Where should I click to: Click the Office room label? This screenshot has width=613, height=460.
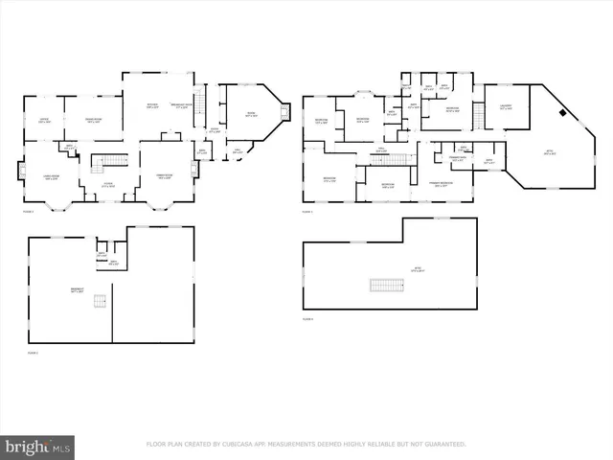pos(43,120)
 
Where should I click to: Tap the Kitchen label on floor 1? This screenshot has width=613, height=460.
pos(151,106)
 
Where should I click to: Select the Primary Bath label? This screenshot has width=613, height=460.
pos(457,160)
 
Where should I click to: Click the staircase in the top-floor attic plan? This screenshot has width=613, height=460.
pos(383,286)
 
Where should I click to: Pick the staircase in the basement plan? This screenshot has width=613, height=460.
pos(98,302)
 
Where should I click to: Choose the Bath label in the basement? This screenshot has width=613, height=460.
pos(113,263)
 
